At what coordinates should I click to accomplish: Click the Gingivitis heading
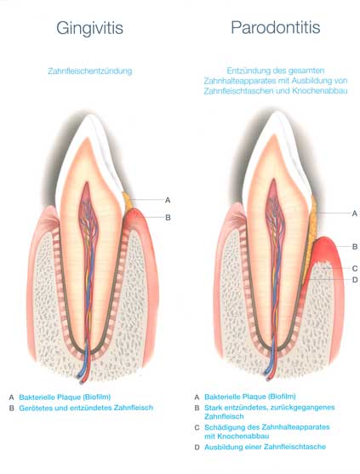tap(89, 29)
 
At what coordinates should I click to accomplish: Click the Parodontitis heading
tap(276, 27)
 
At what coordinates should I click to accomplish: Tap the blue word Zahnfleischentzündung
tap(89, 71)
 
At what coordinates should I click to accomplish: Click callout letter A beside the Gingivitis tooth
tap(168, 200)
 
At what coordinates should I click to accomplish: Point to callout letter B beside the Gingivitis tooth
tap(168, 217)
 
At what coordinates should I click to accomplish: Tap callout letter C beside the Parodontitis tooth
tap(355, 268)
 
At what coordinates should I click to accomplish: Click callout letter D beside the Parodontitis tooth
tap(355, 280)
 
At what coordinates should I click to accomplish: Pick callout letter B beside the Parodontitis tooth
tap(355, 247)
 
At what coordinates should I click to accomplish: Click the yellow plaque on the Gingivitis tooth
tap(129, 202)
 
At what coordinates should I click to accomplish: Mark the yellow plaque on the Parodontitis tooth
tap(311, 239)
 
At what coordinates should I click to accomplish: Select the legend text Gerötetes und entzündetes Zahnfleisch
tap(86, 408)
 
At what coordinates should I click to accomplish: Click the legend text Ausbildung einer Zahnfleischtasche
tap(265, 447)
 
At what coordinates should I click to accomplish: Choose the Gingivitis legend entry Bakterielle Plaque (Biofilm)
tap(65, 397)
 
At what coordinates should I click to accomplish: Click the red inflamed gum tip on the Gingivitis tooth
tap(134, 215)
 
